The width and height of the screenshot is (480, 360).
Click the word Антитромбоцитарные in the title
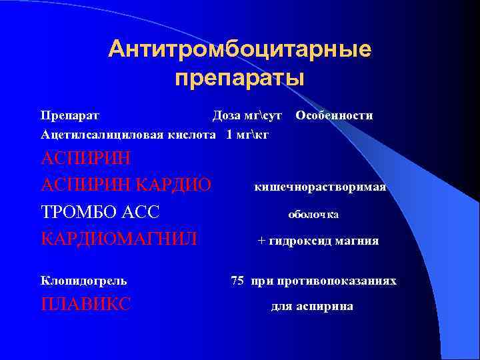click(x=240, y=49)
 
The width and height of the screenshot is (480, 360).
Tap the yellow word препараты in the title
click(x=239, y=79)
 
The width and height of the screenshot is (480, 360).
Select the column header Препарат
click(x=70, y=115)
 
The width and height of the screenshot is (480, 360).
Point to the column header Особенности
click(x=334, y=115)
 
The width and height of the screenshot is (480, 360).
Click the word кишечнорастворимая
click(x=320, y=187)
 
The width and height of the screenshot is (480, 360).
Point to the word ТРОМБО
click(x=81, y=213)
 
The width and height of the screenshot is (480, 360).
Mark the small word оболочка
click(x=313, y=215)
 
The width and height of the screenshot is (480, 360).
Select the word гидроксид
click(x=297, y=241)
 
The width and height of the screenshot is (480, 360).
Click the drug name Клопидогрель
click(x=84, y=281)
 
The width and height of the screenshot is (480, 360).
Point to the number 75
click(x=237, y=281)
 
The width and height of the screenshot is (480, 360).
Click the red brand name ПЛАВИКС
click(x=86, y=305)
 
